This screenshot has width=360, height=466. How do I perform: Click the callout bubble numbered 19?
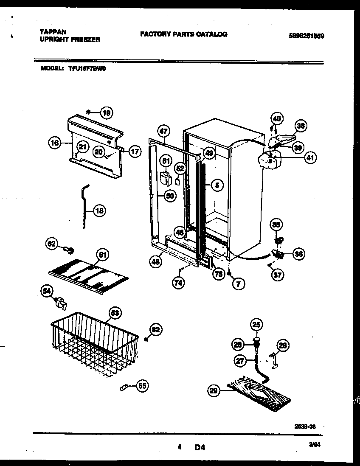pyautogui.click(x=107, y=112)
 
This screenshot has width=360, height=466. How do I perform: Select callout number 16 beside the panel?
pyautogui.click(x=54, y=143)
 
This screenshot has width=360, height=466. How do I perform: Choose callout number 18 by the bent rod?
pyautogui.click(x=100, y=210)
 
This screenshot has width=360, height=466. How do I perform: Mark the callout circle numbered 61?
pyautogui.click(x=102, y=255)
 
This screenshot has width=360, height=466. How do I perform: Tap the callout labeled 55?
pyautogui.click(x=143, y=386)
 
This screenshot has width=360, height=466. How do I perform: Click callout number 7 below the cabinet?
pyautogui.click(x=238, y=284)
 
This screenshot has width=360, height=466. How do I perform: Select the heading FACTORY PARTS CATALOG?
pyautogui.click(x=183, y=34)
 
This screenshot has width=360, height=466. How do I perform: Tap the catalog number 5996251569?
pyautogui.click(x=306, y=36)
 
